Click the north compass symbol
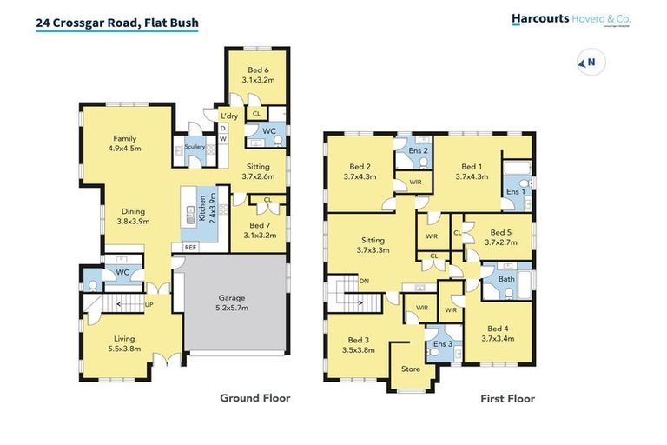tap(589, 62)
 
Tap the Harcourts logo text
tap(541, 17)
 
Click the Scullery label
tap(194, 147)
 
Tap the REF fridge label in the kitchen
tap(189, 247)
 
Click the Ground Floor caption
tap(254, 398)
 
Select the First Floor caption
tap(507, 399)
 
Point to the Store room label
tap(411, 369)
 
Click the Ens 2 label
tap(419, 149)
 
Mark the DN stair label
tap(364, 281)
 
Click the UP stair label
tap(149, 304)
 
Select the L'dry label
tap(229, 116)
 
